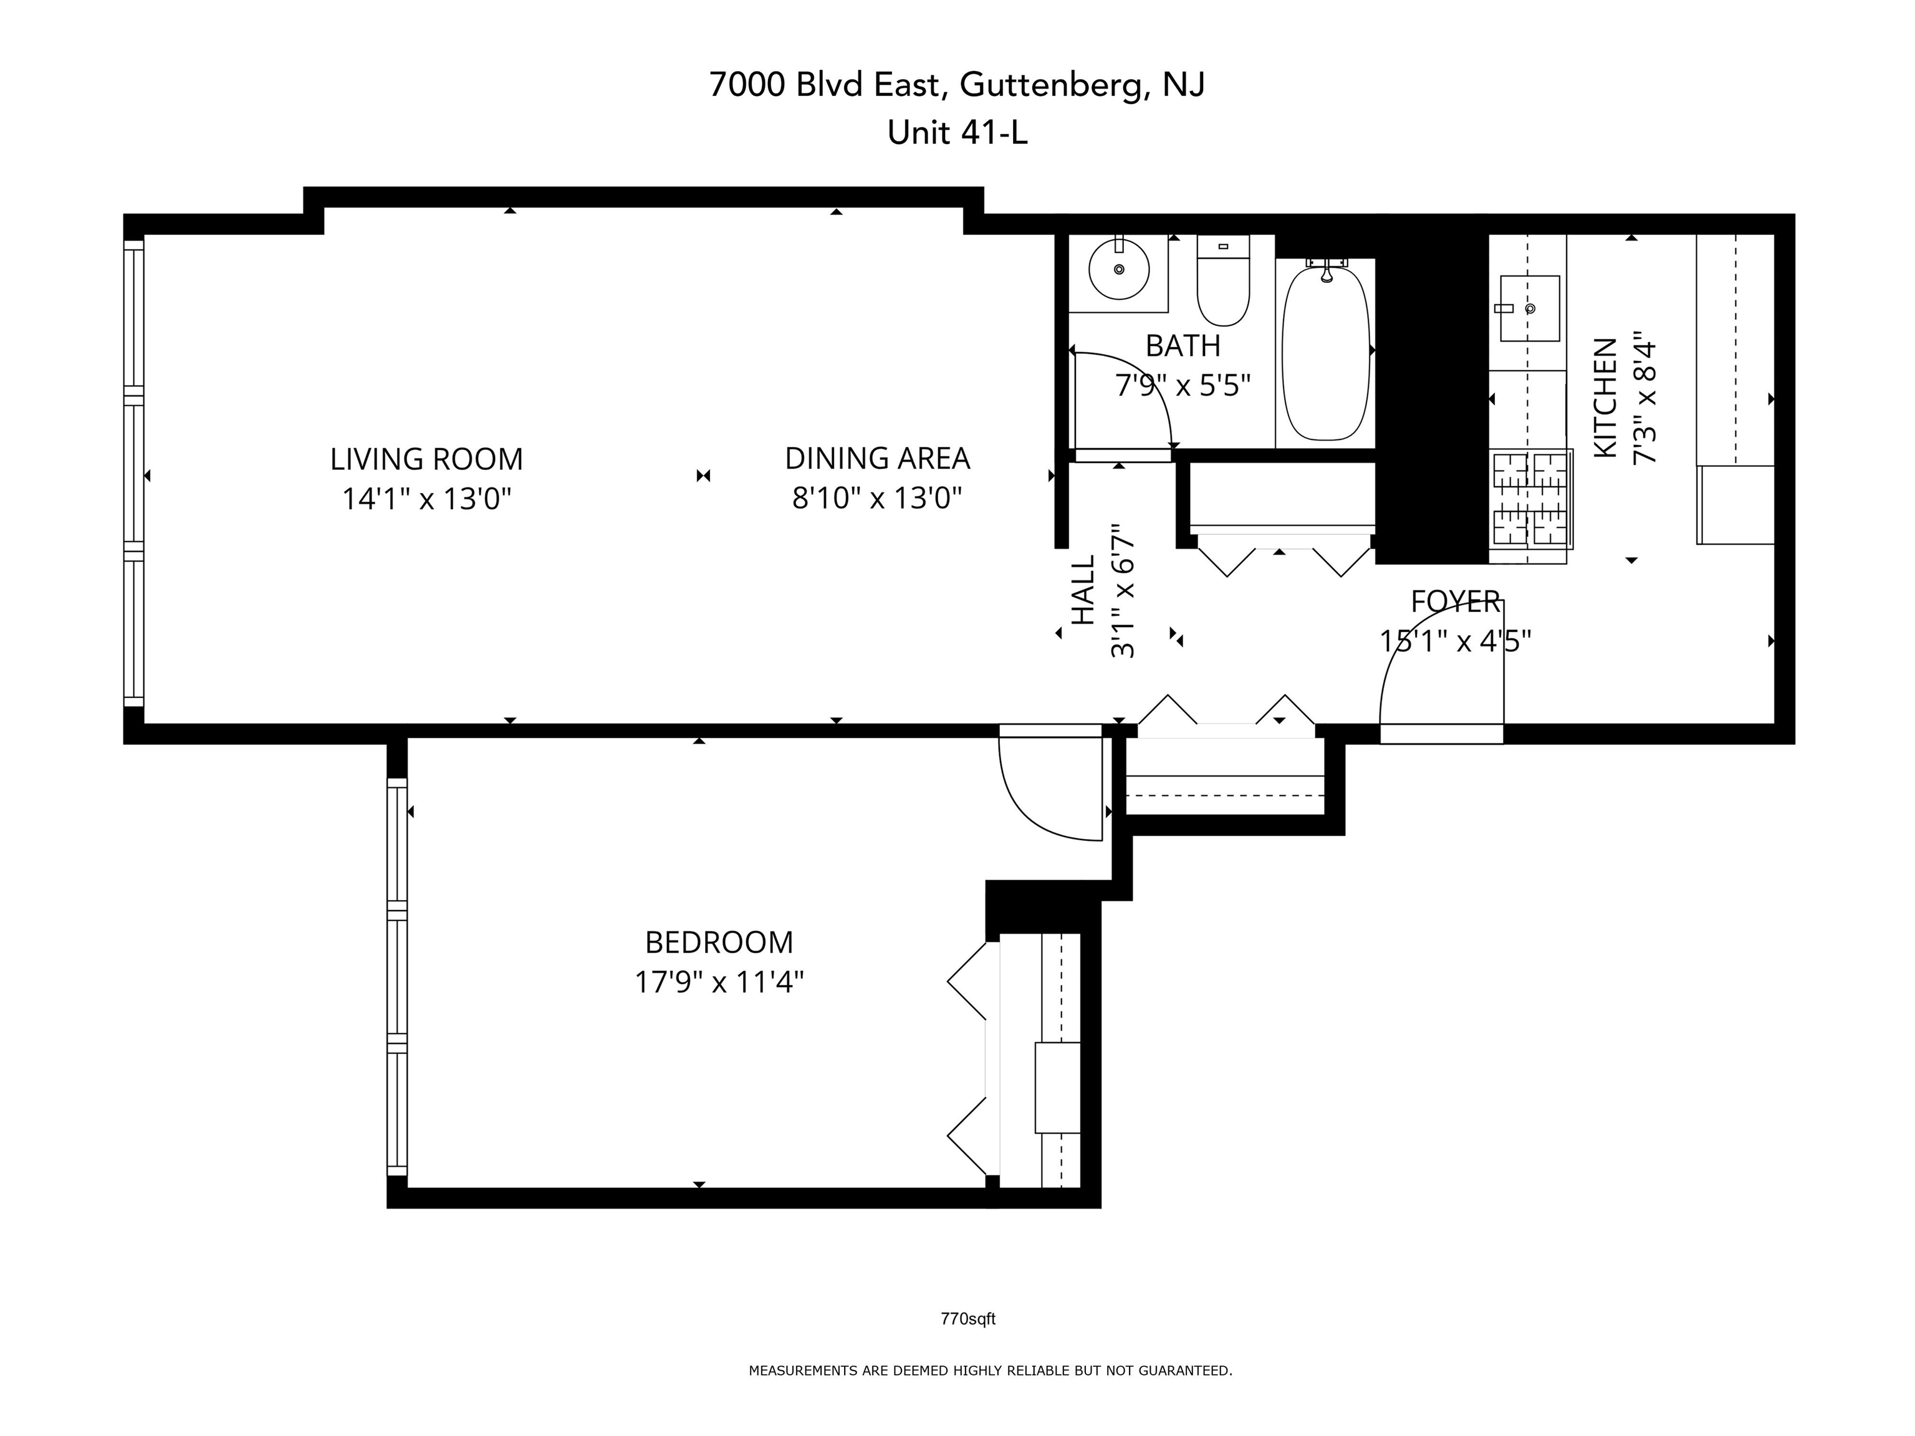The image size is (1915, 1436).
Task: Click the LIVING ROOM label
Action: [426, 459]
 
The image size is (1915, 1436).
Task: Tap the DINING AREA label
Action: [877, 459]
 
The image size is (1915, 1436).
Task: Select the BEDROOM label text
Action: [719, 942]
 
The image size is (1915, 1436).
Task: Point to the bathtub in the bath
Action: [1325, 353]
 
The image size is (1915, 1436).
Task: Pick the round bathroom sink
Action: [1118, 269]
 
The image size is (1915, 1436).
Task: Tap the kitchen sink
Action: [1530, 308]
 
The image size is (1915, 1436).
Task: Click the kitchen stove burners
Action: [1530, 499]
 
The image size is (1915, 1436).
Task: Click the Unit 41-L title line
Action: [957, 133]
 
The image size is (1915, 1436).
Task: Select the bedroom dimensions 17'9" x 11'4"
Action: [719, 982]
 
